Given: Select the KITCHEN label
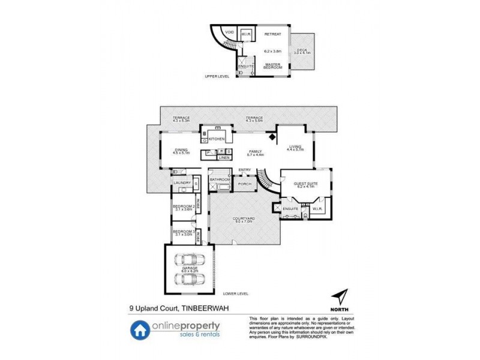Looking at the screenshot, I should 216,139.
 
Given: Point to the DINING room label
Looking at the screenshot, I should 181,150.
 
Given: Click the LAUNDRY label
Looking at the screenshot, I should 182,182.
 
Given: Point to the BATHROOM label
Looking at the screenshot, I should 220,179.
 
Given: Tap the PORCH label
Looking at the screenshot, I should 244,184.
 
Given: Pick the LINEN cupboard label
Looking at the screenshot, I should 223,157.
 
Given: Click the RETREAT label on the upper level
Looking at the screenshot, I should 274,35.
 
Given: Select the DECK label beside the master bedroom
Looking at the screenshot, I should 302,50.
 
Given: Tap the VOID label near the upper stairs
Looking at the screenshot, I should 229,32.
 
